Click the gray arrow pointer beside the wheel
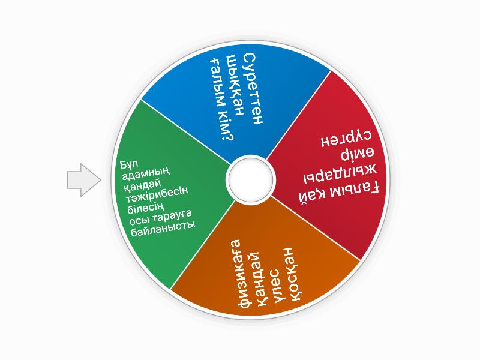tap(84, 179)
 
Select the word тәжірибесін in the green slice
tap(156, 194)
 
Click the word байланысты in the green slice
tap(163, 229)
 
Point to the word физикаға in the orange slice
tap(240, 274)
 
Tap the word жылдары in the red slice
tap(340, 174)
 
